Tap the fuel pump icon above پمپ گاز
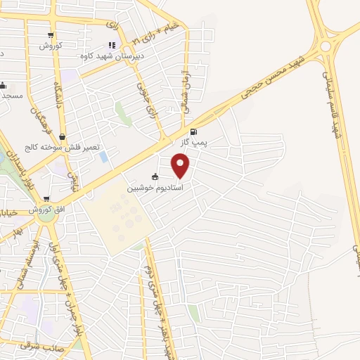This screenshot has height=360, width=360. pos(193,131)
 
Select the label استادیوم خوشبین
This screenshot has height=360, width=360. pos(155,188)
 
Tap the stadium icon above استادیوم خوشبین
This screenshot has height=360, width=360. pos(155,177)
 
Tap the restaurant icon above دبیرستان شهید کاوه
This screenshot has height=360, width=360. pos(112,46)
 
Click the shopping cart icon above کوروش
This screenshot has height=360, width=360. pos(50,35)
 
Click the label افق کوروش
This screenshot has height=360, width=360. pos(46,210)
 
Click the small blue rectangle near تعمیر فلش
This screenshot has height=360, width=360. pos(103,156)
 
